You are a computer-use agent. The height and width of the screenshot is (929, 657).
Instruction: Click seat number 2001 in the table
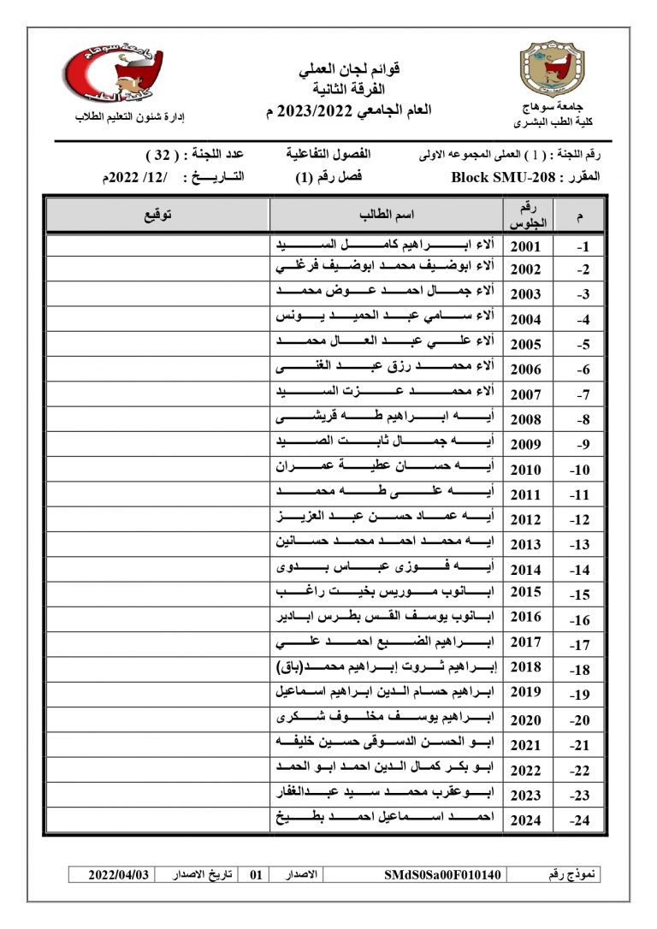525,246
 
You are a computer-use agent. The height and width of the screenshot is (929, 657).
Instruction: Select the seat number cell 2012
525,519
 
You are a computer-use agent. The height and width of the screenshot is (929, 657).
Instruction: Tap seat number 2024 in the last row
525,820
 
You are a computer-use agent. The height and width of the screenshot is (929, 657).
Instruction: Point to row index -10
579,470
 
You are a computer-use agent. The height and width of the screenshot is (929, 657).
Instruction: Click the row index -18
579,669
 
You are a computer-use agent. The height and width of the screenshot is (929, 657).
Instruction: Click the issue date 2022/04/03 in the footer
119,875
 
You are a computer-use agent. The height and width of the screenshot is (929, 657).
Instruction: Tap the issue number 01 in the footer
255,875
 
